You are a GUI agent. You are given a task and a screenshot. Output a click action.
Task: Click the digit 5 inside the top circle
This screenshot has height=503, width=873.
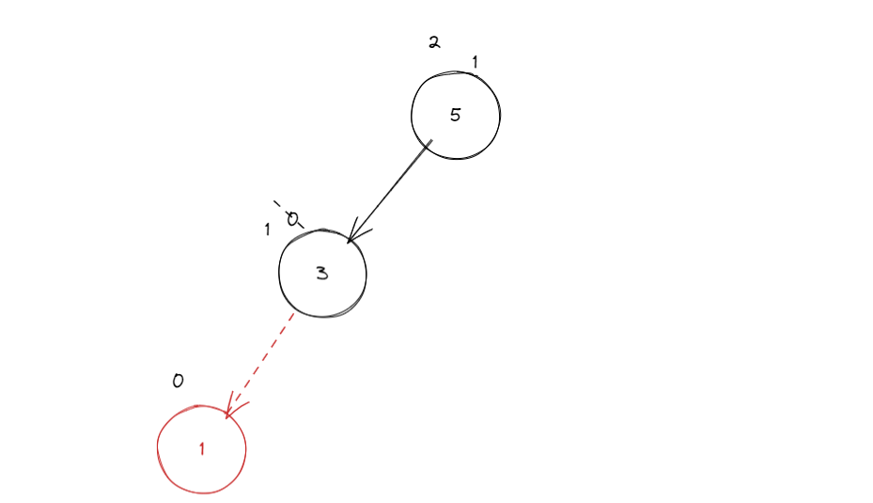(x=456, y=116)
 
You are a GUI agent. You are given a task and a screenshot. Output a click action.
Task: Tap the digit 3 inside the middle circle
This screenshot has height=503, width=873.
(x=322, y=274)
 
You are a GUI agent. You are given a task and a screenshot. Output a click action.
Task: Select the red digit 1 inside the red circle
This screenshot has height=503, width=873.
(x=201, y=449)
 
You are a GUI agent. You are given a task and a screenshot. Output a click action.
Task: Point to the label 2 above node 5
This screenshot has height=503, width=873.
(x=433, y=42)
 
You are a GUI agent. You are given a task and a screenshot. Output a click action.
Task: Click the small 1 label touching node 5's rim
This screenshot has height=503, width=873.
(x=475, y=62)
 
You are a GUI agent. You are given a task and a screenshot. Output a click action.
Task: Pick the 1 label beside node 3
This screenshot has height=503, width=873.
(x=267, y=229)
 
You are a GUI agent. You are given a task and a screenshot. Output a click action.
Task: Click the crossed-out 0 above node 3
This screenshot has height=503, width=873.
(x=291, y=218)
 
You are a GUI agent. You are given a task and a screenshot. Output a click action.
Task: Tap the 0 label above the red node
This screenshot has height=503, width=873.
(x=178, y=381)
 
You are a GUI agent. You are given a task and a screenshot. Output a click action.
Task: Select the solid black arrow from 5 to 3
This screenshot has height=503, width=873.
(x=390, y=192)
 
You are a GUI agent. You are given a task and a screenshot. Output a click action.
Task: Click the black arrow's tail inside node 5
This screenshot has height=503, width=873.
(x=429, y=143)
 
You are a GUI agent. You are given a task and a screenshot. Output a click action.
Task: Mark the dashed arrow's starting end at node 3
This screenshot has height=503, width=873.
(x=292, y=315)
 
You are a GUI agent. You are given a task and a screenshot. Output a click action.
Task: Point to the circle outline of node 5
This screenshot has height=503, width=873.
(x=500, y=116)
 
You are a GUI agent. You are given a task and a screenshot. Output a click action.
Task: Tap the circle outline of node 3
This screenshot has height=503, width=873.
(x=366, y=274)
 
